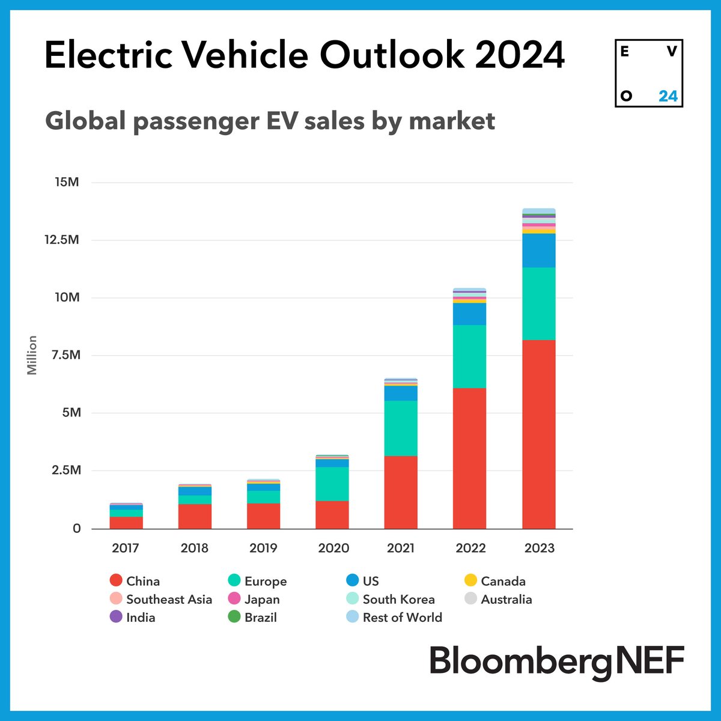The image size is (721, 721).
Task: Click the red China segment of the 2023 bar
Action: click(x=538, y=434)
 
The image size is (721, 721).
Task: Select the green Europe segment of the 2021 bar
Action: click(x=401, y=428)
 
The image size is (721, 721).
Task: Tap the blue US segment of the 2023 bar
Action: click(x=538, y=250)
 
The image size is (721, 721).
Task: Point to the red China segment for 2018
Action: click(x=195, y=516)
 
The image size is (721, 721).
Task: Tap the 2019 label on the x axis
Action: click(x=263, y=548)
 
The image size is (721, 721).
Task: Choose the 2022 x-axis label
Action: click(x=470, y=548)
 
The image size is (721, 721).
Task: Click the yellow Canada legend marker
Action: click(x=470, y=580)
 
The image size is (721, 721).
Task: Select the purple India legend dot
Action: click(x=116, y=616)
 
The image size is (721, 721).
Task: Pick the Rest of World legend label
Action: click(x=402, y=617)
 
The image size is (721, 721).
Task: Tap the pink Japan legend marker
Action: click(x=234, y=598)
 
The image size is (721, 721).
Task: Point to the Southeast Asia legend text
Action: click(x=169, y=599)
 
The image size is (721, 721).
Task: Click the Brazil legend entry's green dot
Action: click(x=234, y=616)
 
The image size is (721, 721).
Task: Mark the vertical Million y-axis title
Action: click(x=32, y=355)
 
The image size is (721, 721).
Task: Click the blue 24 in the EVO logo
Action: click(x=668, y=96)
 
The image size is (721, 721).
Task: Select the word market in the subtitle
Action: click(x=451, y=121)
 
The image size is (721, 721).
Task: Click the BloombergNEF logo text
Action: click(x=556, y=661)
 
